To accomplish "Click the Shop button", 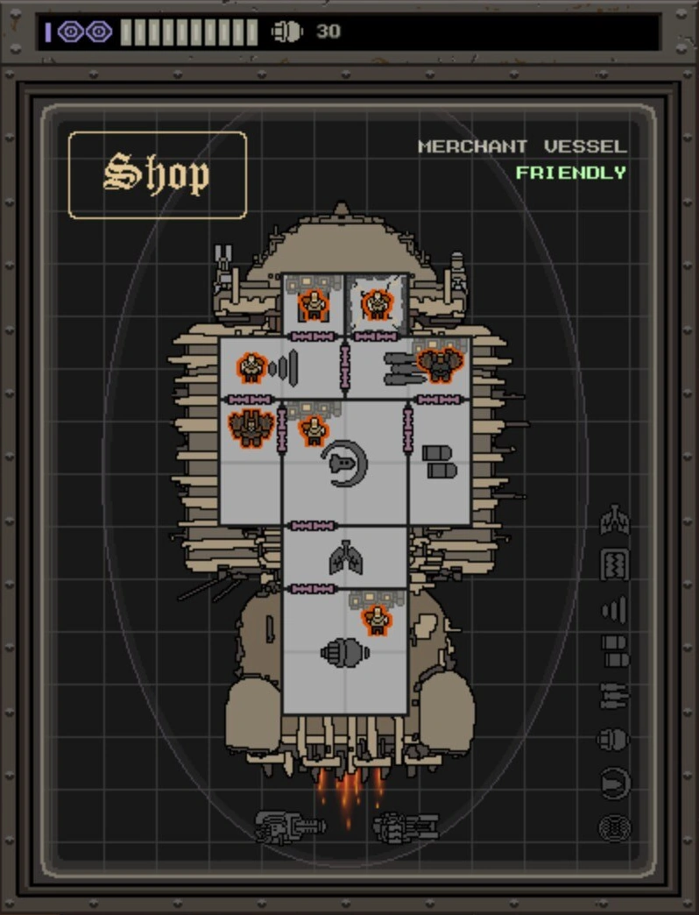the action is tap(157, 174).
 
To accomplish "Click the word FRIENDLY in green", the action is tap(570, 173).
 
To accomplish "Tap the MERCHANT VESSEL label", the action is tap(522, 146).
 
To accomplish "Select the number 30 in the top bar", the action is tap(328, 32).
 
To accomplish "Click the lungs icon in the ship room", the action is tap(345, 558).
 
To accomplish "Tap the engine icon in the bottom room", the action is tap(344, 651).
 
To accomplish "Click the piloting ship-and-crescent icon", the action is tap(343, 462).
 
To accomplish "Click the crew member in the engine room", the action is tap(377, 619).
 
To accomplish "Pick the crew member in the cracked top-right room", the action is tap(377, 304).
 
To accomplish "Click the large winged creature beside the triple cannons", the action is tap(440, 362).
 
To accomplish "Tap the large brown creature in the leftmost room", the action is tap(250, 427).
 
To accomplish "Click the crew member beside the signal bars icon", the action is tap(251, 366).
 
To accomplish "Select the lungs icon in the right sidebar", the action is tap(614, 521).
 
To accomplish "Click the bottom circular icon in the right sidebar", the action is tap(614, 826).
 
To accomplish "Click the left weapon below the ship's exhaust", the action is tap(289, 826).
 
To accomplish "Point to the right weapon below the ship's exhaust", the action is tap(405, 826).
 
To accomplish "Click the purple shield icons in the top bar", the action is tap(85, 32).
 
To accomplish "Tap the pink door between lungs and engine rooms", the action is tap(311, 589).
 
